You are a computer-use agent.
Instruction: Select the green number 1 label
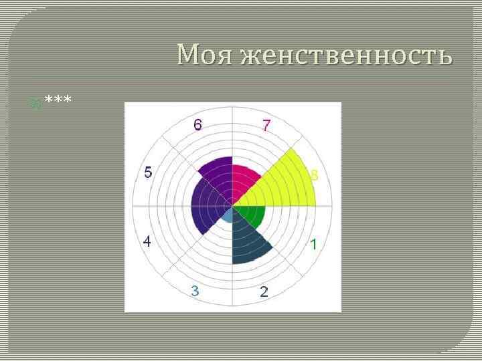pyautogui.click(x=313, y=246)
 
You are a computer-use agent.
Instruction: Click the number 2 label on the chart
pyautogui.click(x=264, y=291)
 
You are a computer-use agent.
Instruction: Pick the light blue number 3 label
pyautogui.click(x=194, y=291)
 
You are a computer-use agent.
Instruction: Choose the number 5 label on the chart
pyautogui.click(x=148, y=172)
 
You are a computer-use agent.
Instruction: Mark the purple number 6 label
pyautogui.click(x=198, y=125)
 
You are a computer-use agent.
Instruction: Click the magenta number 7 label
pyautogui.click(x=266, y=125)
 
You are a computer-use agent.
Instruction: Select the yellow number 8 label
pyautogui.click(x=313, y=175)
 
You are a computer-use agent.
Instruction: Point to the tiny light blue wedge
pyautogui.click(x=228, y=215)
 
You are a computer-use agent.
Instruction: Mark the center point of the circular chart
pyautogui.click(x=232, y=206)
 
